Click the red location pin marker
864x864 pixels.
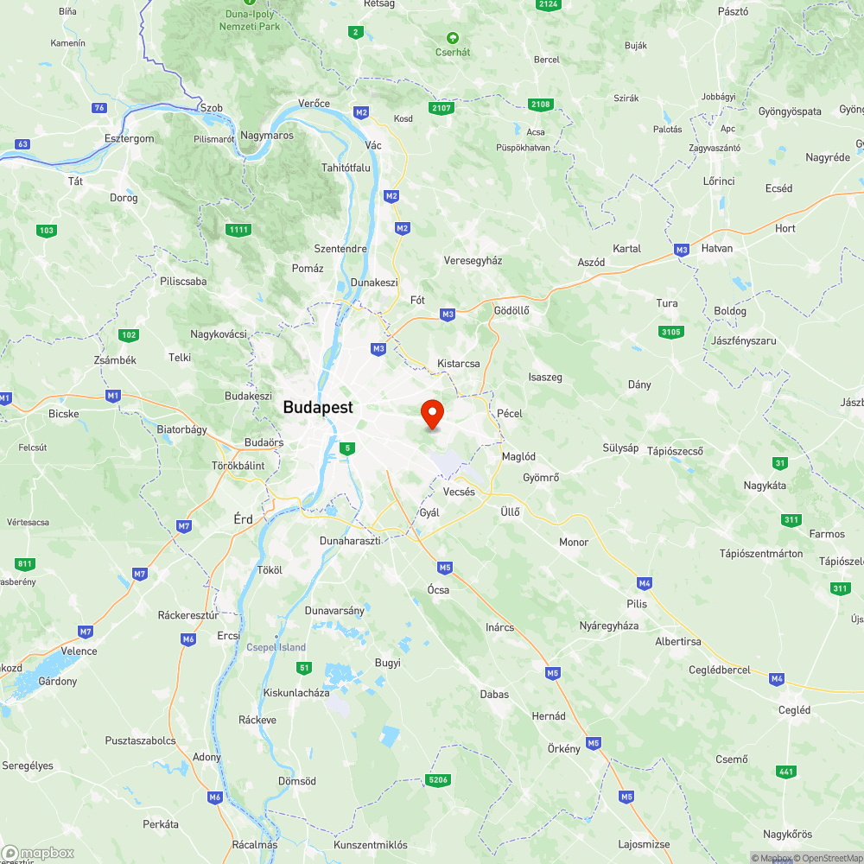point(432,414)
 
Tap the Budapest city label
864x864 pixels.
point(318,408)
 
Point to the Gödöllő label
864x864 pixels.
point(511,310)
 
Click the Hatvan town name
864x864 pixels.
point(717,248)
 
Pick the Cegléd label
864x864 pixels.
point(795,710)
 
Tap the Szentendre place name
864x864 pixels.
point(340,249)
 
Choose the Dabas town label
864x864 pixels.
point(494,694)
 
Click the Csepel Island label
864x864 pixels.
point(276,647)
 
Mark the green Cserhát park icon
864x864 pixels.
point(452,38)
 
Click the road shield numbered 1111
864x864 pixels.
point(238,229)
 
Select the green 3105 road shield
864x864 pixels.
point(670,332)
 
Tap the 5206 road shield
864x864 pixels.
point(439,780)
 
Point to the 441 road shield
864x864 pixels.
point(785,772)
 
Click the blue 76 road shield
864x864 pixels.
point(100,107)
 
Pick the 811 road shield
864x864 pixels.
point(25,564)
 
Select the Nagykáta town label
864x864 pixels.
point(766,486)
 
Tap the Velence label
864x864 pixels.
point(79,651)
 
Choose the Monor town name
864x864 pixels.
point(574,543)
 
